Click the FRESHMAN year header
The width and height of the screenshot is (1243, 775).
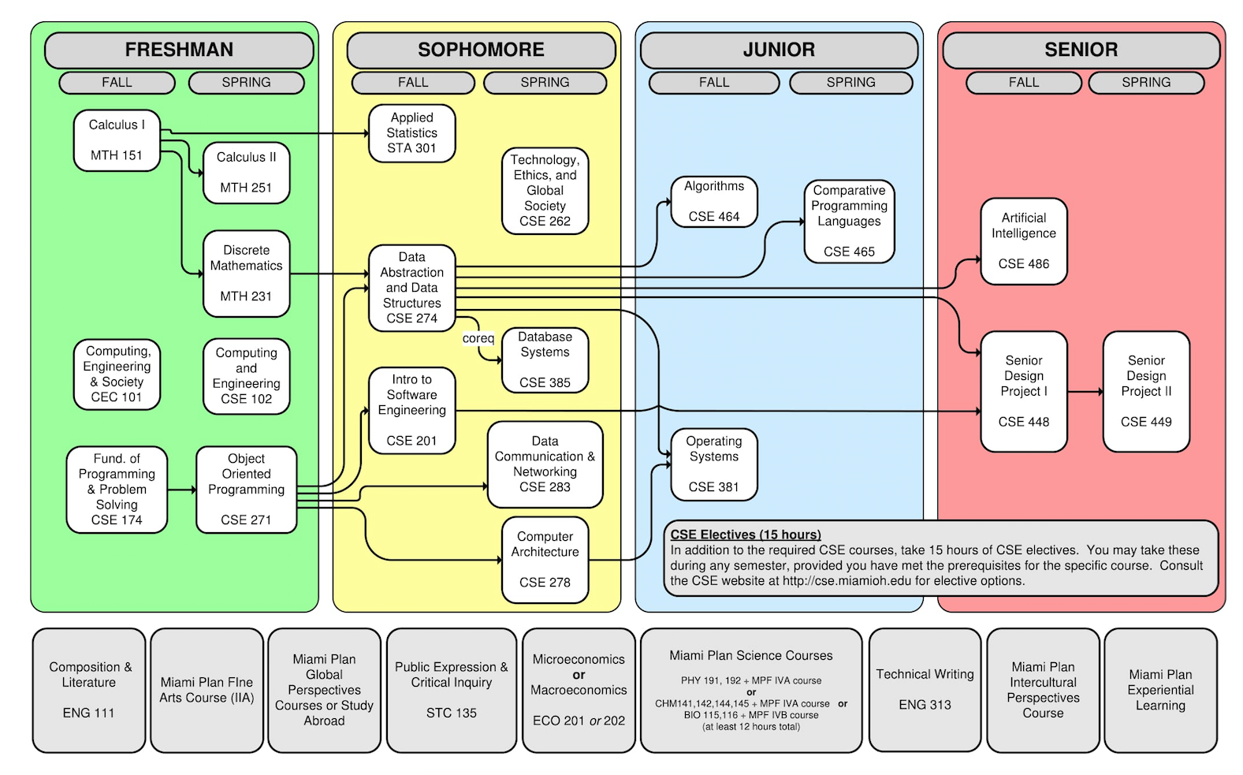click(179, 50)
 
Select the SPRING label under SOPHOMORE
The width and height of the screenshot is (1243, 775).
click(545, 82)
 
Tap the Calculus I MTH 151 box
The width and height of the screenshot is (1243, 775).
click(117, 140)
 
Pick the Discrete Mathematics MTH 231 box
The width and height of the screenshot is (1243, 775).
click(246, 274)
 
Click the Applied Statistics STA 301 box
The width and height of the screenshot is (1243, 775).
click(411, 133)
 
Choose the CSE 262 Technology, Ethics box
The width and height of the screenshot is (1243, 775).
click(545, 191)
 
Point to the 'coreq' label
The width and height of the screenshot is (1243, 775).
click(478, 338)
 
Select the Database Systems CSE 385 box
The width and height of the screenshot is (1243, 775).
click(545, 360)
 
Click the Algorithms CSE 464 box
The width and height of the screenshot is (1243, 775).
click(714, 202)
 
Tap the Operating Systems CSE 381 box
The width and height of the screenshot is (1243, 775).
click(714, 464)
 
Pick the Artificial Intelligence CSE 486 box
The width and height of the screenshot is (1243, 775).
click(1023, 241)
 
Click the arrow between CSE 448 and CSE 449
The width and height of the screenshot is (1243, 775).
click(1085, 392)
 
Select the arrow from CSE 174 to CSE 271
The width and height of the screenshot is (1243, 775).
click(181, 490)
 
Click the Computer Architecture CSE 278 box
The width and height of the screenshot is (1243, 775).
click(545, 560)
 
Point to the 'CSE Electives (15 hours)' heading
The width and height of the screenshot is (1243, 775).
click(746, 535)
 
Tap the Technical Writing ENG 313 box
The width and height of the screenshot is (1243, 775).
click(925, 690)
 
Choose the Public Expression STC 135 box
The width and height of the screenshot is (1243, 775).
click(451, 690)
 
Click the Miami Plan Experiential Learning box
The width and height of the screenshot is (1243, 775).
click(1160, 690)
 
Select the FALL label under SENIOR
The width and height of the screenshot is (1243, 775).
click(1023, 82)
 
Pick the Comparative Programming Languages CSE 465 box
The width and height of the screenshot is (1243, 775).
click(849, 222)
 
